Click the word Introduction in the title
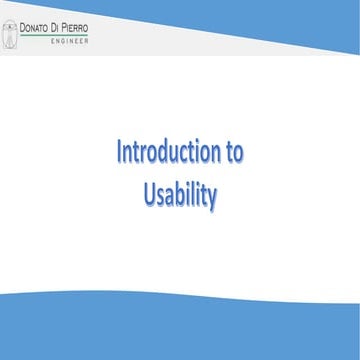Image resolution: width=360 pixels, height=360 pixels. (166, 155)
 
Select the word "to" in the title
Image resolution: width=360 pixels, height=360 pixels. (231, 155)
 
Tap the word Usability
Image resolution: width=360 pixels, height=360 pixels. (180, 195)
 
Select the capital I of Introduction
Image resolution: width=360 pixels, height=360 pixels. (119, 155)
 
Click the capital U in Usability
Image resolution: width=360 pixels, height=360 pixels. (149, 195)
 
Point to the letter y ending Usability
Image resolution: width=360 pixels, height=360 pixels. (212, 198)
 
